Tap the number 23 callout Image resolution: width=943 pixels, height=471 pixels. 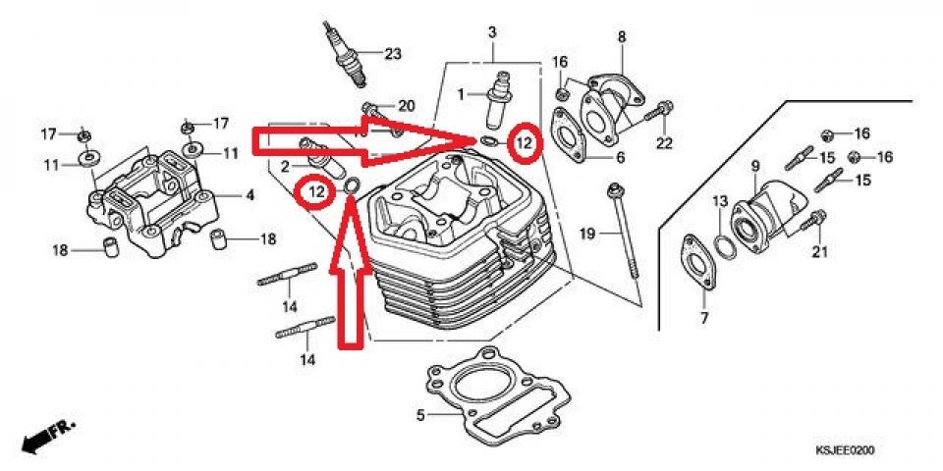coord(393,54)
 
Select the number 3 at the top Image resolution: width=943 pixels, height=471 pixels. coord(491,33)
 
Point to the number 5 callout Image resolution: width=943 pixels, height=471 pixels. coord(419,415)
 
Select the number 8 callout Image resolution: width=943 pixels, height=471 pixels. coord(621,37)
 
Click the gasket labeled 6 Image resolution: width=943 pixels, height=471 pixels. coord(571,132)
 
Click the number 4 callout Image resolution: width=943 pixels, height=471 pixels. coord(250,195)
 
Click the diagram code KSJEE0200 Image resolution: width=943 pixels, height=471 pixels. coord(844,450)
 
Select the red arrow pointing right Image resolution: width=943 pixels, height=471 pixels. coord(363,140)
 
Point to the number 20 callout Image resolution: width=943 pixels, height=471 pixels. coord(406,106)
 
